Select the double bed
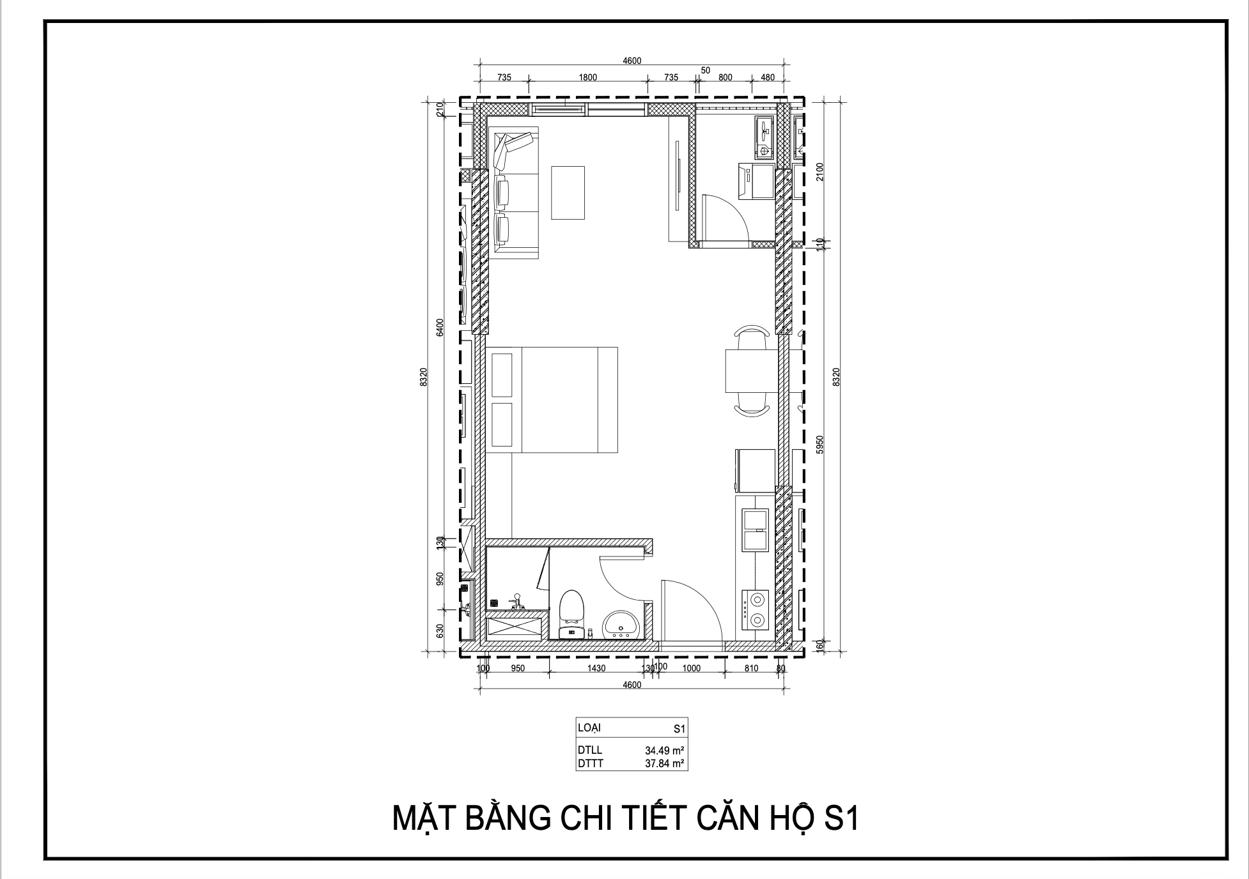click(x=552, y=400)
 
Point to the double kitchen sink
click(x=755, y=530)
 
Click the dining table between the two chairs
click(x=752, y=371)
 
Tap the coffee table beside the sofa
click(x=568, y=192)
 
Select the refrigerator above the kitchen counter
click(x=755, y=470)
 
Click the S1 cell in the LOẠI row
click(x=679, y=728)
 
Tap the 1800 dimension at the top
click(x=587, y=77)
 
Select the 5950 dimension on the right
click(x=821, y=445)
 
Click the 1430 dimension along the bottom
click(x=596, y=668)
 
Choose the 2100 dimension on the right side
click(x=821, y=172)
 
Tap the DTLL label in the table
click(x=589, y=750)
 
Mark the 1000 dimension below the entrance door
click(x=692, y=668)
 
